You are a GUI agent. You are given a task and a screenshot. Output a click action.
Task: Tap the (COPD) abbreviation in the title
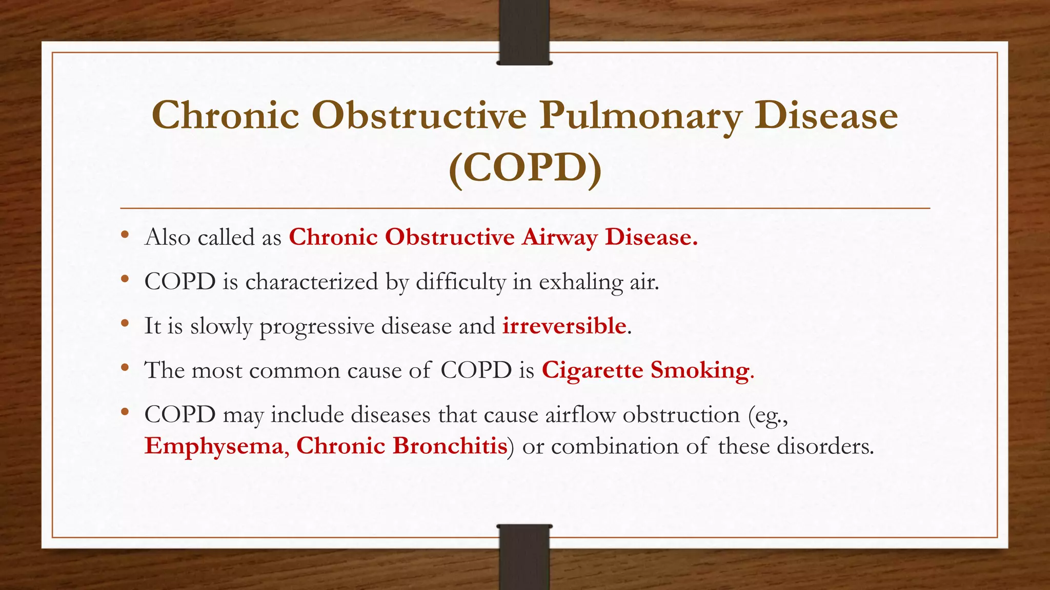(x=524, y=168)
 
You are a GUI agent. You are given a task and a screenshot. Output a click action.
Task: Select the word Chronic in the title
(x=226, y=115)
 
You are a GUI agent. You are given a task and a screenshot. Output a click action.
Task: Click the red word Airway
(x=559, y=237)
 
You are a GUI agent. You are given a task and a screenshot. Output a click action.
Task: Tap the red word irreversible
(x=564, y=326)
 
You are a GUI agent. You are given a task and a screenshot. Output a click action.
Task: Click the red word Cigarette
(x=592, y=370)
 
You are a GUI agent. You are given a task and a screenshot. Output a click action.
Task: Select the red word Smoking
(x=700, y=370)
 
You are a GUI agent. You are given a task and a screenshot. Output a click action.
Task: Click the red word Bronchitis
(x=450, y=446)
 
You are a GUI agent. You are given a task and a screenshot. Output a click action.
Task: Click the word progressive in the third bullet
(x=317, y=326)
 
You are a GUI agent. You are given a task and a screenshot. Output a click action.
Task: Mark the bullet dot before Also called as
(x=125, y=236)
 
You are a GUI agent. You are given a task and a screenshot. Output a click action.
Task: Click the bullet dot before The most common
(x=125, y=368)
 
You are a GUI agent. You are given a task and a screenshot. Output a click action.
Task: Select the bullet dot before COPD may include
(x=125, y=412)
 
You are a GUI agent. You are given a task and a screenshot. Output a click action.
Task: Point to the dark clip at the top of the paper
(x=524, y=32)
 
